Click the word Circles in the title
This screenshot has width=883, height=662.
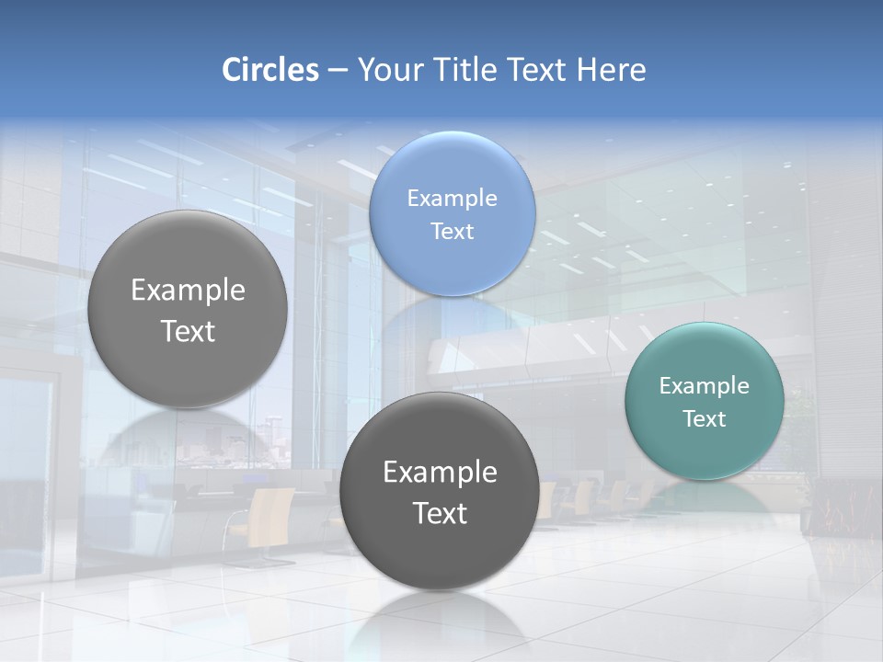click(x=269, y=70)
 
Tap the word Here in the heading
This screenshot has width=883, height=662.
click(x=611, y=70)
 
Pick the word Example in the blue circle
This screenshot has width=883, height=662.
click(x=453, y=198)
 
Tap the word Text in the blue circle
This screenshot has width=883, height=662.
click(x=453, y=231)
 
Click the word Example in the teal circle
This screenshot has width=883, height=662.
click(x=705, y=386)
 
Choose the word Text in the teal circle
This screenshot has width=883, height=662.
click(x=705, y=419)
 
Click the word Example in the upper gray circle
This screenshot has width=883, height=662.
click(x=188, y=291)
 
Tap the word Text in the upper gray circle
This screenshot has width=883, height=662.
click(x=188, y=331)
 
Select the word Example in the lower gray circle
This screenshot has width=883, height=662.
click(x=440, y=473)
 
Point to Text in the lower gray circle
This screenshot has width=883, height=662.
click(x=440, y=513)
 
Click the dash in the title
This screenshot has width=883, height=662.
click(x=338, y=70)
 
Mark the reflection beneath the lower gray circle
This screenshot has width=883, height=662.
click(x=439, y=621)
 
